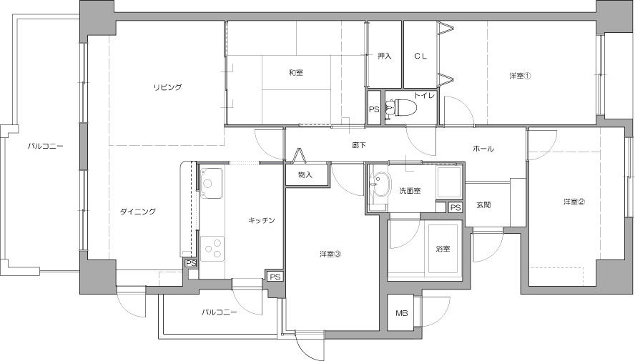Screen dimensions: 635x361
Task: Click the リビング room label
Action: click(167, 87)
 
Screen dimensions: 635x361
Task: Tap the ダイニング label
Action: click(138, 212)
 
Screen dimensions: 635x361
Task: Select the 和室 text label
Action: click(295, 73)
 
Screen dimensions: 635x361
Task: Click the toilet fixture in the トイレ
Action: click(402, 108)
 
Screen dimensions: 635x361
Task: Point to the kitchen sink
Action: click(212, 183)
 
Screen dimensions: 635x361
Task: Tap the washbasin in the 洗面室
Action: click(380, 184)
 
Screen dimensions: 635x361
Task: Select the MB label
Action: click(401, 313)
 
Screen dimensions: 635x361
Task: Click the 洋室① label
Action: click(520, 76)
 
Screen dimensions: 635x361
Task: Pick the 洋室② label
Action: click(574, 202)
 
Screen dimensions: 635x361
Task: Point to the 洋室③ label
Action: click(330, 254)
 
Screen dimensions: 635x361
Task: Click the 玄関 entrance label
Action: click(483, 204)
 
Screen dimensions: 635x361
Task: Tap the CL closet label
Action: click(420, 56)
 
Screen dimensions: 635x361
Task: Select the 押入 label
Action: click(384, 56)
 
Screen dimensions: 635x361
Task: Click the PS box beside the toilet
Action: click(374, 109)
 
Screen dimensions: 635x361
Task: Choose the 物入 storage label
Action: click(305, 175)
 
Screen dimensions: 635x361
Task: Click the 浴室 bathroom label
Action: click(443, 249)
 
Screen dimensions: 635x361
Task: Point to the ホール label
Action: click(483, 149)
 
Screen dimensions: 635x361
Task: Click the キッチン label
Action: click(262, 220)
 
